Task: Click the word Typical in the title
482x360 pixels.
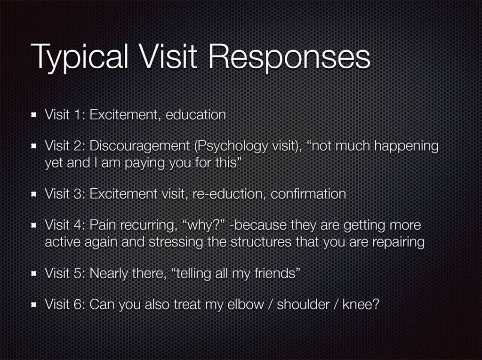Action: (79, 57)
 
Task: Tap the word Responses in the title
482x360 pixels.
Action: (289, 57)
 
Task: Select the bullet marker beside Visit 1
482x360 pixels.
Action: (34, 115)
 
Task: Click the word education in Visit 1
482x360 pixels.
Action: (196, 115)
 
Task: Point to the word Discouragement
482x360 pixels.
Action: (140, 146)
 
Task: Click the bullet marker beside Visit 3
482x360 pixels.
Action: (34, 194)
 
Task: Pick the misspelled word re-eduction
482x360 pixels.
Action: (227, 194)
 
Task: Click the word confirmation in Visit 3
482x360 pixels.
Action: (308, 194)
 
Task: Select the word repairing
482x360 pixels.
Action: (398, 242)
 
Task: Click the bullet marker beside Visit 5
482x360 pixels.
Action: (34, 273)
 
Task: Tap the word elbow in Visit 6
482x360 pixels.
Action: (246, 304)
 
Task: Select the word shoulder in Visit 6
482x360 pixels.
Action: (303, 304)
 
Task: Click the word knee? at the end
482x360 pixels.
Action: (361, 304)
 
